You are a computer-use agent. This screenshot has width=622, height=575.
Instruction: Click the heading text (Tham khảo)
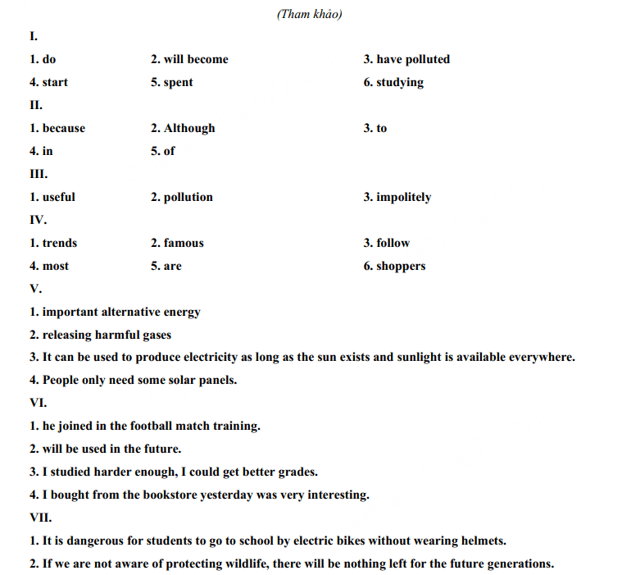(309, 14)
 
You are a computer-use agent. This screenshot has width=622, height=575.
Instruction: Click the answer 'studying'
(400, 82)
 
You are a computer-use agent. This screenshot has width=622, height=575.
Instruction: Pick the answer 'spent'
(179, 82)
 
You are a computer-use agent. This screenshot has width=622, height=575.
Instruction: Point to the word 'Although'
(189, 128)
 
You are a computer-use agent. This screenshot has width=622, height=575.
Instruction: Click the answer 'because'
(64, 128)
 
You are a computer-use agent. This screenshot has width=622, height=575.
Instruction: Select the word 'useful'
(59, 197)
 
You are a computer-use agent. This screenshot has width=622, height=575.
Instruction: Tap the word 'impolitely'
(403, 197)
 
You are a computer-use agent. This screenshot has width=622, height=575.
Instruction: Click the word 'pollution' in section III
(188, 197)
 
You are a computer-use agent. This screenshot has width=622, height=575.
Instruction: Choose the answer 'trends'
(60, 243)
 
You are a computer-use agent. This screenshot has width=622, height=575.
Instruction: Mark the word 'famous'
(184, 243)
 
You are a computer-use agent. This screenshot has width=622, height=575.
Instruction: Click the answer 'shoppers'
(401, 266)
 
